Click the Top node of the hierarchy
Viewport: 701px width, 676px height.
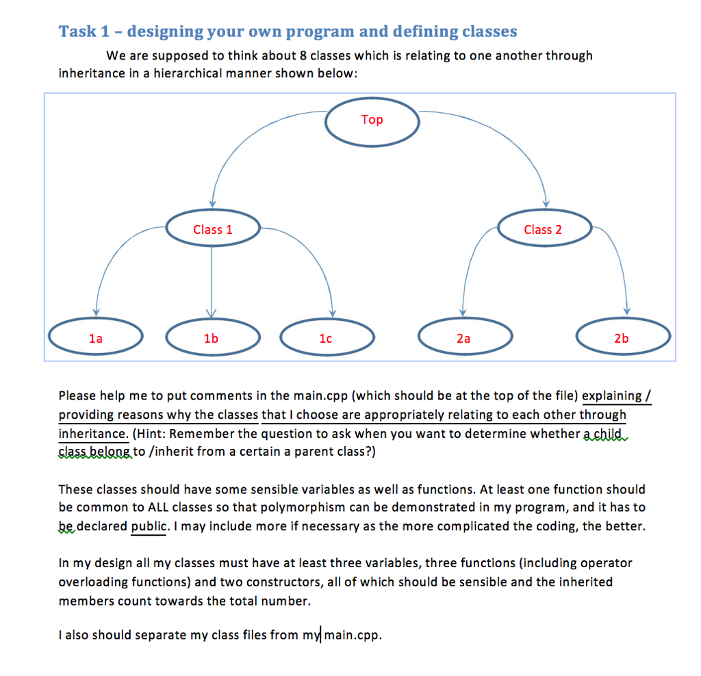coord(372,122)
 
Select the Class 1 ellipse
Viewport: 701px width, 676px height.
coord(213,228)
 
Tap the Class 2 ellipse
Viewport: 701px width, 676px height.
coord(544,228)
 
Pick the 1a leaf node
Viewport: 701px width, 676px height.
coord(96,337)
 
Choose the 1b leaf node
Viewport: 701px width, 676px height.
coord(213,337)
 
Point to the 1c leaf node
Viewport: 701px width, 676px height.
coord(327,337)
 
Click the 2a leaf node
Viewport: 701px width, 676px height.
coord(466,337)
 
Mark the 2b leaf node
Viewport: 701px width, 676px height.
coord(623,337)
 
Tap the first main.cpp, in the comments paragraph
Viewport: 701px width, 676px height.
coord(320,396)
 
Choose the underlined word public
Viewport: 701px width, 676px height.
coord(149,526)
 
